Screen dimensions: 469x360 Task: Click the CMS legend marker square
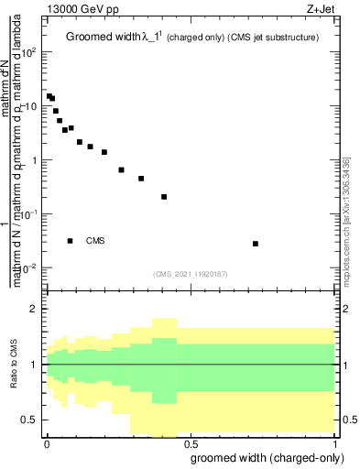pyautogui.click(x=71, y=241)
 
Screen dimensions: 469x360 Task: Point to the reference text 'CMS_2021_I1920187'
pyautogui.click(x=190, y=273)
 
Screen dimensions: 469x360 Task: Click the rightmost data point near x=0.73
pyautogui.click(x=256, y=244)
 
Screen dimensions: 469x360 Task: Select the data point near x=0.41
pyautogui.click(x=164, y=197)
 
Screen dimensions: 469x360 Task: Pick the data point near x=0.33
pyautogui.click(x=141, y=179)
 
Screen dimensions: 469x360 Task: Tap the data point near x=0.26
pyautogui.click(x=121, y=169)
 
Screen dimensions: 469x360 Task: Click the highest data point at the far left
pyautogui.click(x=49, y=95)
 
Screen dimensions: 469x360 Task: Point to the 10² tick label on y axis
pyautogui.click(x=29, y=52)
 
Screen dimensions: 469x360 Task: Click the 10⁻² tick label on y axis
pyautogui.click(x=29, y=268)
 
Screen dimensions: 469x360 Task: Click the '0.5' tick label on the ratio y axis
pyautogui.click(x=30, y=420)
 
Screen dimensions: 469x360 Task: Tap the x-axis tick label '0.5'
pyautogui.click(x=190, y=442)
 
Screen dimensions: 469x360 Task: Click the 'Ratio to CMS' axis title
pyautogui.click(x=14, y=365)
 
